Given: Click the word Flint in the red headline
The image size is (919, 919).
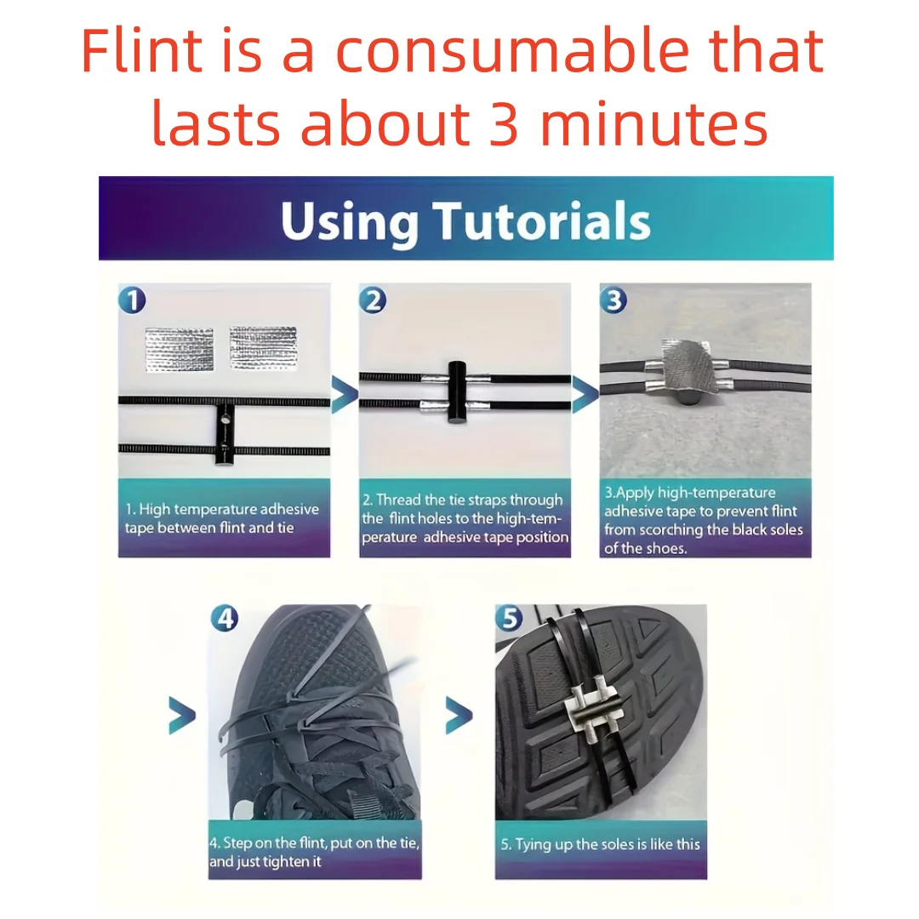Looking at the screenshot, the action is [141, 51].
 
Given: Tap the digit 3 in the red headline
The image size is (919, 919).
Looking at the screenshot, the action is [503, 123].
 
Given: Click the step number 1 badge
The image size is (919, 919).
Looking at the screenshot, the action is [132, 300].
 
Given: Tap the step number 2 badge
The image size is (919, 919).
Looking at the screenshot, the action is [373, 300].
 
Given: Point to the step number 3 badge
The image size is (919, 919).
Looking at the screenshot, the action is [614, 300].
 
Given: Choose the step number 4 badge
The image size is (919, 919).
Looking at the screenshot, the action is [225, 618].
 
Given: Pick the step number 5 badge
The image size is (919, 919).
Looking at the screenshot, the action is [510, 618].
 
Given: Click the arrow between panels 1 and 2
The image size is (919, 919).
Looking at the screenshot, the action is [345, 394].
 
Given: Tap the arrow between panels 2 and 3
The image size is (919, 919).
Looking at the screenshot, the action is [585, 394].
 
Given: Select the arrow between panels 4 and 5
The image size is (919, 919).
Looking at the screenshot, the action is [459, 715].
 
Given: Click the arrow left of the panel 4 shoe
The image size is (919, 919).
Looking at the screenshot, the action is [182, 715].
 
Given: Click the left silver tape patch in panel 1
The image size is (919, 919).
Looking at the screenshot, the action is [180, 350].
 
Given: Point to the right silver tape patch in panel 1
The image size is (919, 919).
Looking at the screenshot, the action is [263, 348].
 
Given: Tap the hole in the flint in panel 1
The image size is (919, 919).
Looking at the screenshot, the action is [225, 420].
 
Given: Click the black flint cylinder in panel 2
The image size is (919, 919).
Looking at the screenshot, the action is [457, 391].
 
